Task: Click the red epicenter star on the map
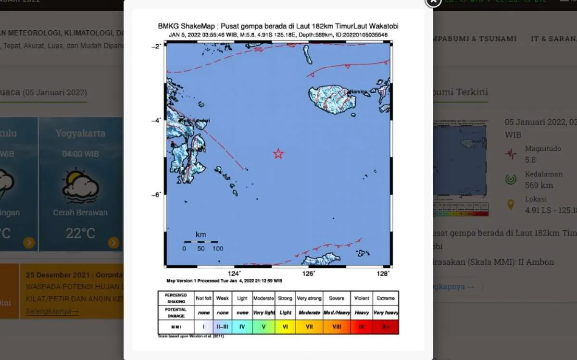[x=278, y=154]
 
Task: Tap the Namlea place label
[x=357, y=92]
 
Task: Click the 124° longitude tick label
[x=234, y=273]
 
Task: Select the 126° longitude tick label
[x=308, y=273]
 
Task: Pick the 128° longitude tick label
[x=383, y=273]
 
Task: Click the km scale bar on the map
[x=201, y=242]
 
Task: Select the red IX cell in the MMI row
[x=361, y=327]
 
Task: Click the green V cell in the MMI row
[x=263, y=327]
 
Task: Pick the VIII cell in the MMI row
[x=337, y=327]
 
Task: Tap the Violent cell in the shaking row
[x=361, y=298]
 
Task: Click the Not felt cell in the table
[x=203, y=298]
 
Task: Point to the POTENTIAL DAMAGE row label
[x=176, y=312]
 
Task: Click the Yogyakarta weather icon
[x=81, y=186]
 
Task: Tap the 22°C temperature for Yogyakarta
[x=81, y=234]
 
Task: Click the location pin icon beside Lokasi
[x=511, y=205]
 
